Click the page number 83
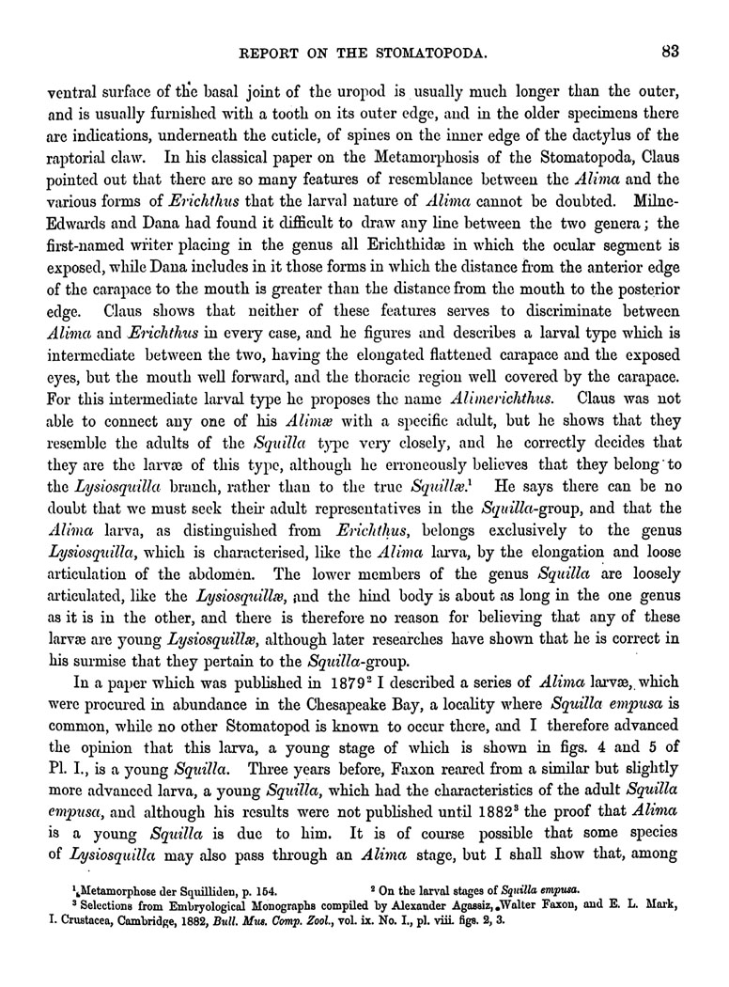click(670, 53)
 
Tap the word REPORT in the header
click(276, 54)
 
